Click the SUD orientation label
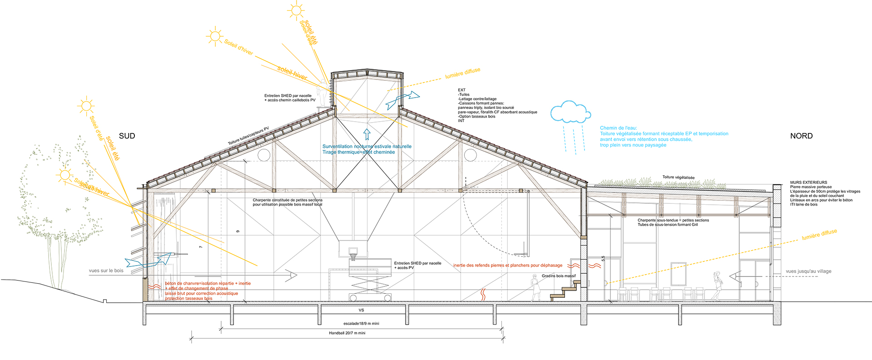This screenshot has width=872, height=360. [127, 136]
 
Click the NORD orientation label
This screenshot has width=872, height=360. [801, 136]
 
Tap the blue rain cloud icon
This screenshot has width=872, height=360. [570, 113]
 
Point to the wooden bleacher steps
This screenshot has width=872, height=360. [565, 290]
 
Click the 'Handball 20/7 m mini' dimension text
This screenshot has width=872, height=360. [347, 333]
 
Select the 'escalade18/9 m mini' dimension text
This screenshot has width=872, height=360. [361, 324]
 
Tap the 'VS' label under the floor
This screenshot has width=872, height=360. [361, 311]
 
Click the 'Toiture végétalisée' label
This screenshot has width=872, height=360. [678, 177]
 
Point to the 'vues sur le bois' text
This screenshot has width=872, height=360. [106, 271]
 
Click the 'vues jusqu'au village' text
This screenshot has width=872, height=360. [808, 271]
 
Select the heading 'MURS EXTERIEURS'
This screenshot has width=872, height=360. [808, 182]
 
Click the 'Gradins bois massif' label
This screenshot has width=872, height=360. [558, 276]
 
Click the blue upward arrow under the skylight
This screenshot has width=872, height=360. [367, 134]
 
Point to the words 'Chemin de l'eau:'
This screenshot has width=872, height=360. [618, 128]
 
